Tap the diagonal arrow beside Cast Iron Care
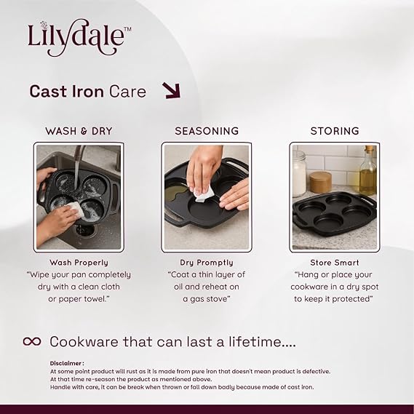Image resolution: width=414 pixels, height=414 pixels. pyautogui.click(x=172, y=90)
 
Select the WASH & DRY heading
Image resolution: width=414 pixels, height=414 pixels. pyautogui.click(x=79, y=131)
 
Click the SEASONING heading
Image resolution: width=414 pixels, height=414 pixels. pyautogui.click(x=207, y=131)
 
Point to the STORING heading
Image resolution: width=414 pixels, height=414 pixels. pyautogui.click(x=335, y=131)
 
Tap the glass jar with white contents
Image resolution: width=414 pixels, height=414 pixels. pyautogui.click(x=300, y=174)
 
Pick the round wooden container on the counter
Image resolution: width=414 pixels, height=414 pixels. pyautogui.click(x=321, y=182)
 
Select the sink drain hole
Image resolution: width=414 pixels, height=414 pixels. pyautogui.click(x=84, y=230)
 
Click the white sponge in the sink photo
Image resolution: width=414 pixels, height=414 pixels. pyautogui.click(x=76, y=209)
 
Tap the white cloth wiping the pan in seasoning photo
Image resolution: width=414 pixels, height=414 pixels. pyautogui.click(x=204, y=194)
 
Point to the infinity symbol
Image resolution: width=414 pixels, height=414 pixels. pyautogui.click(x=32, y=341)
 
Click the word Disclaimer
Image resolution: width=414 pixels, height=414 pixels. pyautogui.click(x=65, y=363)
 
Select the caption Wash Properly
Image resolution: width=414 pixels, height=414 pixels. pyautogui.click(x=79, y=263)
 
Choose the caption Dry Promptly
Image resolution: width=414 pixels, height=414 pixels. pyautogui.click(x=207, y=263)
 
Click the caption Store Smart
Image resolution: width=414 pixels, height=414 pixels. pyautogui.click(x=335, y=263)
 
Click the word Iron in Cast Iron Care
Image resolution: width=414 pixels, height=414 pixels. pyautogui.click(x=87, y=92)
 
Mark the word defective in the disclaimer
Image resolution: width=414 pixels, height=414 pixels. pyautogui.click(x=317, y=371)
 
